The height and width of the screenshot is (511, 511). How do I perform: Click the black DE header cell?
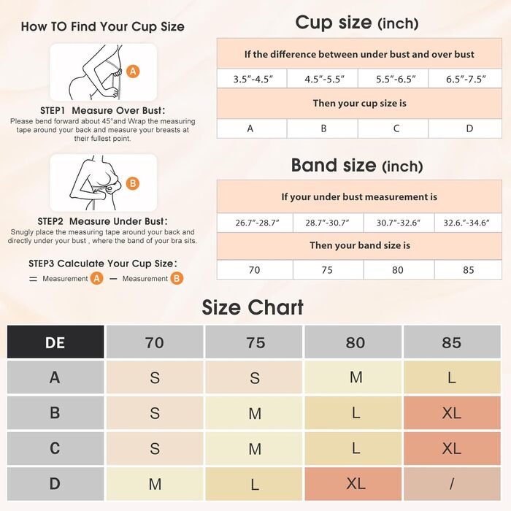(55, 342)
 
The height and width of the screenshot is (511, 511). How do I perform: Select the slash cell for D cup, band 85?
(452, 483)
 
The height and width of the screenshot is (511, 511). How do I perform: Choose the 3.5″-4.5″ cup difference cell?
(253, 79)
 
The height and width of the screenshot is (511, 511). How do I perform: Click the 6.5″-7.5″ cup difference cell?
(466, 79)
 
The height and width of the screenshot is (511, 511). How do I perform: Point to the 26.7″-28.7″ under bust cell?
(255, 223)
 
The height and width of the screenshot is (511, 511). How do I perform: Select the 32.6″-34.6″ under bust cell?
(468, 223)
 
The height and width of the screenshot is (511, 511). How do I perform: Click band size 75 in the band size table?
(328, 269)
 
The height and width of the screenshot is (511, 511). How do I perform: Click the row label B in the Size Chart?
(55, 412)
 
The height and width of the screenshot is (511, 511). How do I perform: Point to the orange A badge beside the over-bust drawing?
(133, 71)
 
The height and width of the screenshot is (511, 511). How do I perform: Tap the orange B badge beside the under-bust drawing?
(133, 183)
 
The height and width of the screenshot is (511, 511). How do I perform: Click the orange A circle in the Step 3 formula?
(97, 278)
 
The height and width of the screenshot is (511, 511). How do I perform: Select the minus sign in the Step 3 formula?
(113, 279)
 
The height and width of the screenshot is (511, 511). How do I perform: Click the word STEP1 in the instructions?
(53, 110)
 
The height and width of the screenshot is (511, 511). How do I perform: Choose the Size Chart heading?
(253, 307)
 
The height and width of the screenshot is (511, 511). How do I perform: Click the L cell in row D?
(254, 483)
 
